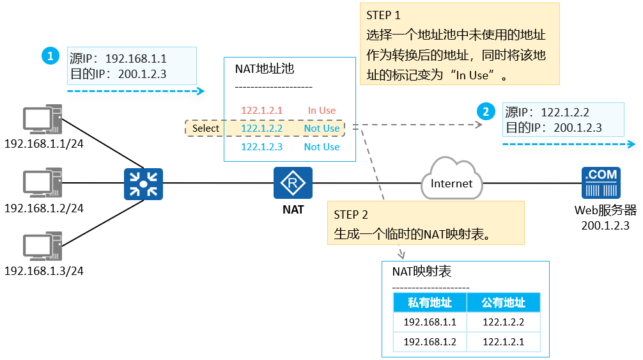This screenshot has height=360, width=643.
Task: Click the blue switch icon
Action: pyautogui.click(x=144, y=184)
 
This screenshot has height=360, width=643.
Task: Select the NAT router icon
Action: pyautogui.click(x=293, y=184)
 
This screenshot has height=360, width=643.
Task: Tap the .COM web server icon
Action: pyautogui.click(x=601, y=184)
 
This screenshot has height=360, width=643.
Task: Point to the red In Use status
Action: pyautogui.click(x=321, y=111)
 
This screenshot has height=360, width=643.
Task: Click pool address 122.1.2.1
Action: pyautogui.click(x=261, y=111)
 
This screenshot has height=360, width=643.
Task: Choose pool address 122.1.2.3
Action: pyautogui.click(x=261, y=147)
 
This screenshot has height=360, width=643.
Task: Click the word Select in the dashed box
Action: pyautogui.click(x=206, y=129)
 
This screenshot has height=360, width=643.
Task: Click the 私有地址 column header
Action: pyautogui.click(x=430, y=303)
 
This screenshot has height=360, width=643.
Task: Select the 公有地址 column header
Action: pyautogui.click(x=504, y=303)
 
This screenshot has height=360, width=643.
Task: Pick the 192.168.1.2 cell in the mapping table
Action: pyautogui.click(x=430, y=342)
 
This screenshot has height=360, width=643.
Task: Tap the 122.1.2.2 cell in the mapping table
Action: pyautogui.click(x=504, y=322)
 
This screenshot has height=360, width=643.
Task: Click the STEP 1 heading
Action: pyautogui.click(x=383, y=15)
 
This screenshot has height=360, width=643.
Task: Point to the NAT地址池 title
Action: pyautogui.click(x=265, y=69)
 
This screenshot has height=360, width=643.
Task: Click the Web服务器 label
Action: pyautogui.click(x=605, y=210)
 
